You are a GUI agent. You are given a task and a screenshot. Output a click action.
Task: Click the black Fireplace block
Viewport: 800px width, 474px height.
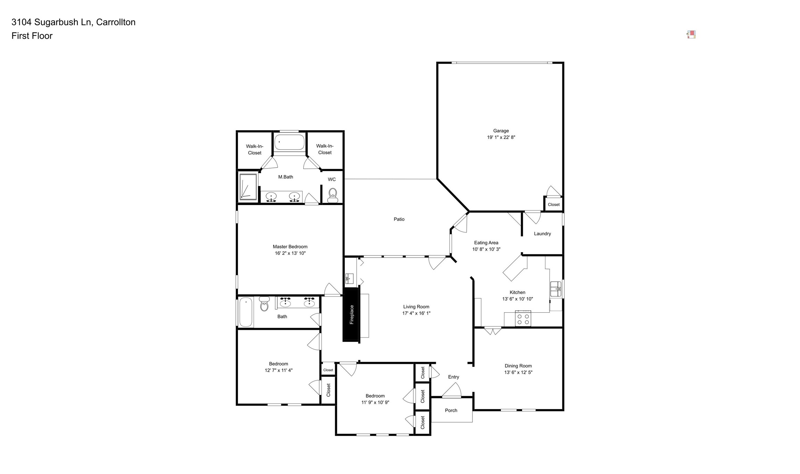[351, 314]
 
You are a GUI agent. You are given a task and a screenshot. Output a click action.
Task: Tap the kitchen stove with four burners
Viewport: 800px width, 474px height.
[523, 319]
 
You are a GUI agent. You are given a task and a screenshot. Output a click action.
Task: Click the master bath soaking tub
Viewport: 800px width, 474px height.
[289, 142]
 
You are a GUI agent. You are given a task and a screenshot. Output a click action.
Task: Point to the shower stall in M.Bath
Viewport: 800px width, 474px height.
[248, 187]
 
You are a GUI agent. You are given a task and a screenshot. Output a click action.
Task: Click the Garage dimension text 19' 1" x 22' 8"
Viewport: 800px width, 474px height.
[501, 137]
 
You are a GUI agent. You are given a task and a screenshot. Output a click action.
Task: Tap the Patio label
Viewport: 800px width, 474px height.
[399, 219]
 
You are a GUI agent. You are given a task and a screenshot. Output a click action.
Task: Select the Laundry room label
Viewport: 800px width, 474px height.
[542, 234]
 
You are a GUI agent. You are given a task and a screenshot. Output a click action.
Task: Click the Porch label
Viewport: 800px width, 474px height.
[451, 410]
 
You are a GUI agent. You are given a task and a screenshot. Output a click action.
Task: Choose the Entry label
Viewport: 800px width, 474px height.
[453, 377]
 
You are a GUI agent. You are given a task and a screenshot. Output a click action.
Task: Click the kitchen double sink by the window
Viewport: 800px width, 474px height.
[555, 289]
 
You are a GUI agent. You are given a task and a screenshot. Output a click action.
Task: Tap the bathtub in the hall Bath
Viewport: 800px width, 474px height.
[246, 312]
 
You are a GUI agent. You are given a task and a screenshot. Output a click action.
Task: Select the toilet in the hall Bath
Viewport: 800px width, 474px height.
[264, 304]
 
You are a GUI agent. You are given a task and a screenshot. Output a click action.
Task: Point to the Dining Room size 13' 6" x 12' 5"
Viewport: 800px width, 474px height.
[518, 372]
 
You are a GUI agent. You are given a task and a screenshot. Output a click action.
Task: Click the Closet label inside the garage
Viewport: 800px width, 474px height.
[553, 204]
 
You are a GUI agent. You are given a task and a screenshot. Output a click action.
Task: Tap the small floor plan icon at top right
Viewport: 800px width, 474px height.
[691, 34]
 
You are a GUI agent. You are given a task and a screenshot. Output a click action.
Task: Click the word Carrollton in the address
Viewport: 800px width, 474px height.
[116, 22]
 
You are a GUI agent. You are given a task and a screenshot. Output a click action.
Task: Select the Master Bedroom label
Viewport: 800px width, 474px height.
[290, 247]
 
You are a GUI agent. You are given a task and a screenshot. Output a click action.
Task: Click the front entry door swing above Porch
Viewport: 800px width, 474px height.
[453, 391]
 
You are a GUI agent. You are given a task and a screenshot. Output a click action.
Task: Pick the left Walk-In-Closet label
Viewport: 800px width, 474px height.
[255, 149]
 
